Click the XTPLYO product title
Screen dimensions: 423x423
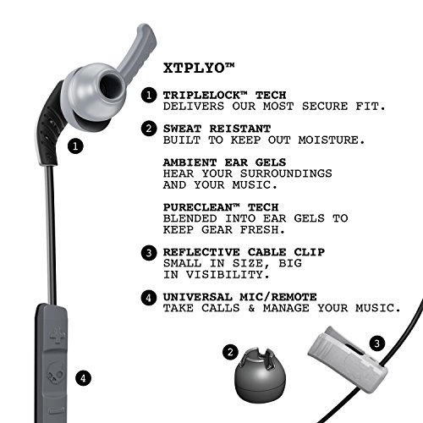(x=199, y=68)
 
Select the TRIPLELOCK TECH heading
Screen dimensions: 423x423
(x=224, y=95)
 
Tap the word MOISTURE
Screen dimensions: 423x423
(x=332, y=140)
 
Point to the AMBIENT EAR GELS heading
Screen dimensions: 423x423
(x=224, y=162)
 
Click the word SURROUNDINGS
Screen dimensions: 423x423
(x=286, y=173)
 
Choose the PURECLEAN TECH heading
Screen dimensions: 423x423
(x=221, y=207)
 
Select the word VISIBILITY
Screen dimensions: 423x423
(x=228, y=274)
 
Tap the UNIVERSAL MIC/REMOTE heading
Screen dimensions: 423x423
(x=239, y=297)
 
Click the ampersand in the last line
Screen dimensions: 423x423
(x=251, y=308)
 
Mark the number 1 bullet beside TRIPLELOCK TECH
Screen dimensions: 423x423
(x=149, y=96)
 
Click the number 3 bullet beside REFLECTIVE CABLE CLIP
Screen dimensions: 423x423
(x=149, y=252)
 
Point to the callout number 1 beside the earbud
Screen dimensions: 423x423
(x=75, y=146)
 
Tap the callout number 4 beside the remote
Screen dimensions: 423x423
(x=83, y=378)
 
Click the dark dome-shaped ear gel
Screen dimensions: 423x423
(x=260, y=375)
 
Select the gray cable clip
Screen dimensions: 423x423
(x=348, y=359)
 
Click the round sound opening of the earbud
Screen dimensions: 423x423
(x=112, y=85)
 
